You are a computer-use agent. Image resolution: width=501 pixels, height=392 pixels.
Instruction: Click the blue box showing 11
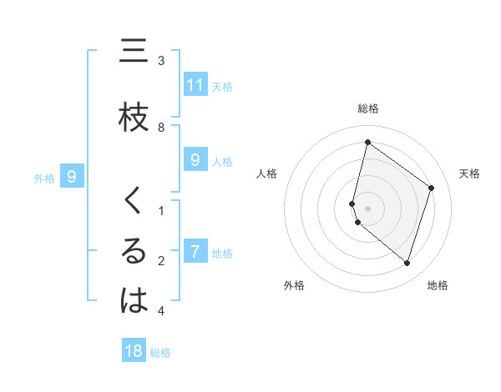[x=195, y=85]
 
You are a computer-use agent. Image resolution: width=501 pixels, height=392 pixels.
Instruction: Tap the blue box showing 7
[x=195, y=251]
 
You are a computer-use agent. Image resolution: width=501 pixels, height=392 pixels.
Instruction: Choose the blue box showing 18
[x=134, y=351]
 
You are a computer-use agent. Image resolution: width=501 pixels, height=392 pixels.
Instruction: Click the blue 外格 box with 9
[x=72, y=176]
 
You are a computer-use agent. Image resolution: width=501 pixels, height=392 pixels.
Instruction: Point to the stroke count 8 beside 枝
[x=161, y=127]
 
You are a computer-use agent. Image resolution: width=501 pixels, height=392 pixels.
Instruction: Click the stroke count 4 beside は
[x=161, y=311]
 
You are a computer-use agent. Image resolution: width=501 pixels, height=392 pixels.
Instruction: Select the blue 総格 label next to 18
[x=160, y=353]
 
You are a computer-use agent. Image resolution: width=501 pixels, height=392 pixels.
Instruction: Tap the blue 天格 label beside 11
[x=222, y=86]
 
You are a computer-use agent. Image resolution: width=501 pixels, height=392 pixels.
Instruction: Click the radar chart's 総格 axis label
[x=367, y=108]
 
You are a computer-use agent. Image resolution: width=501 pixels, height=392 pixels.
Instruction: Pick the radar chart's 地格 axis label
[x=438, y=285]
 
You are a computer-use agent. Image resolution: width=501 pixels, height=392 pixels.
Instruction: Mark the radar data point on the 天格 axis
[x=431, y=188]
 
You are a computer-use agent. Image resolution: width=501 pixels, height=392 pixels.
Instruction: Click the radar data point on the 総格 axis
[x=367, y=143]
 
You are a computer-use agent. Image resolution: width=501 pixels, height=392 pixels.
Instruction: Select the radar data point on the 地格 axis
[x=407, y=263]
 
